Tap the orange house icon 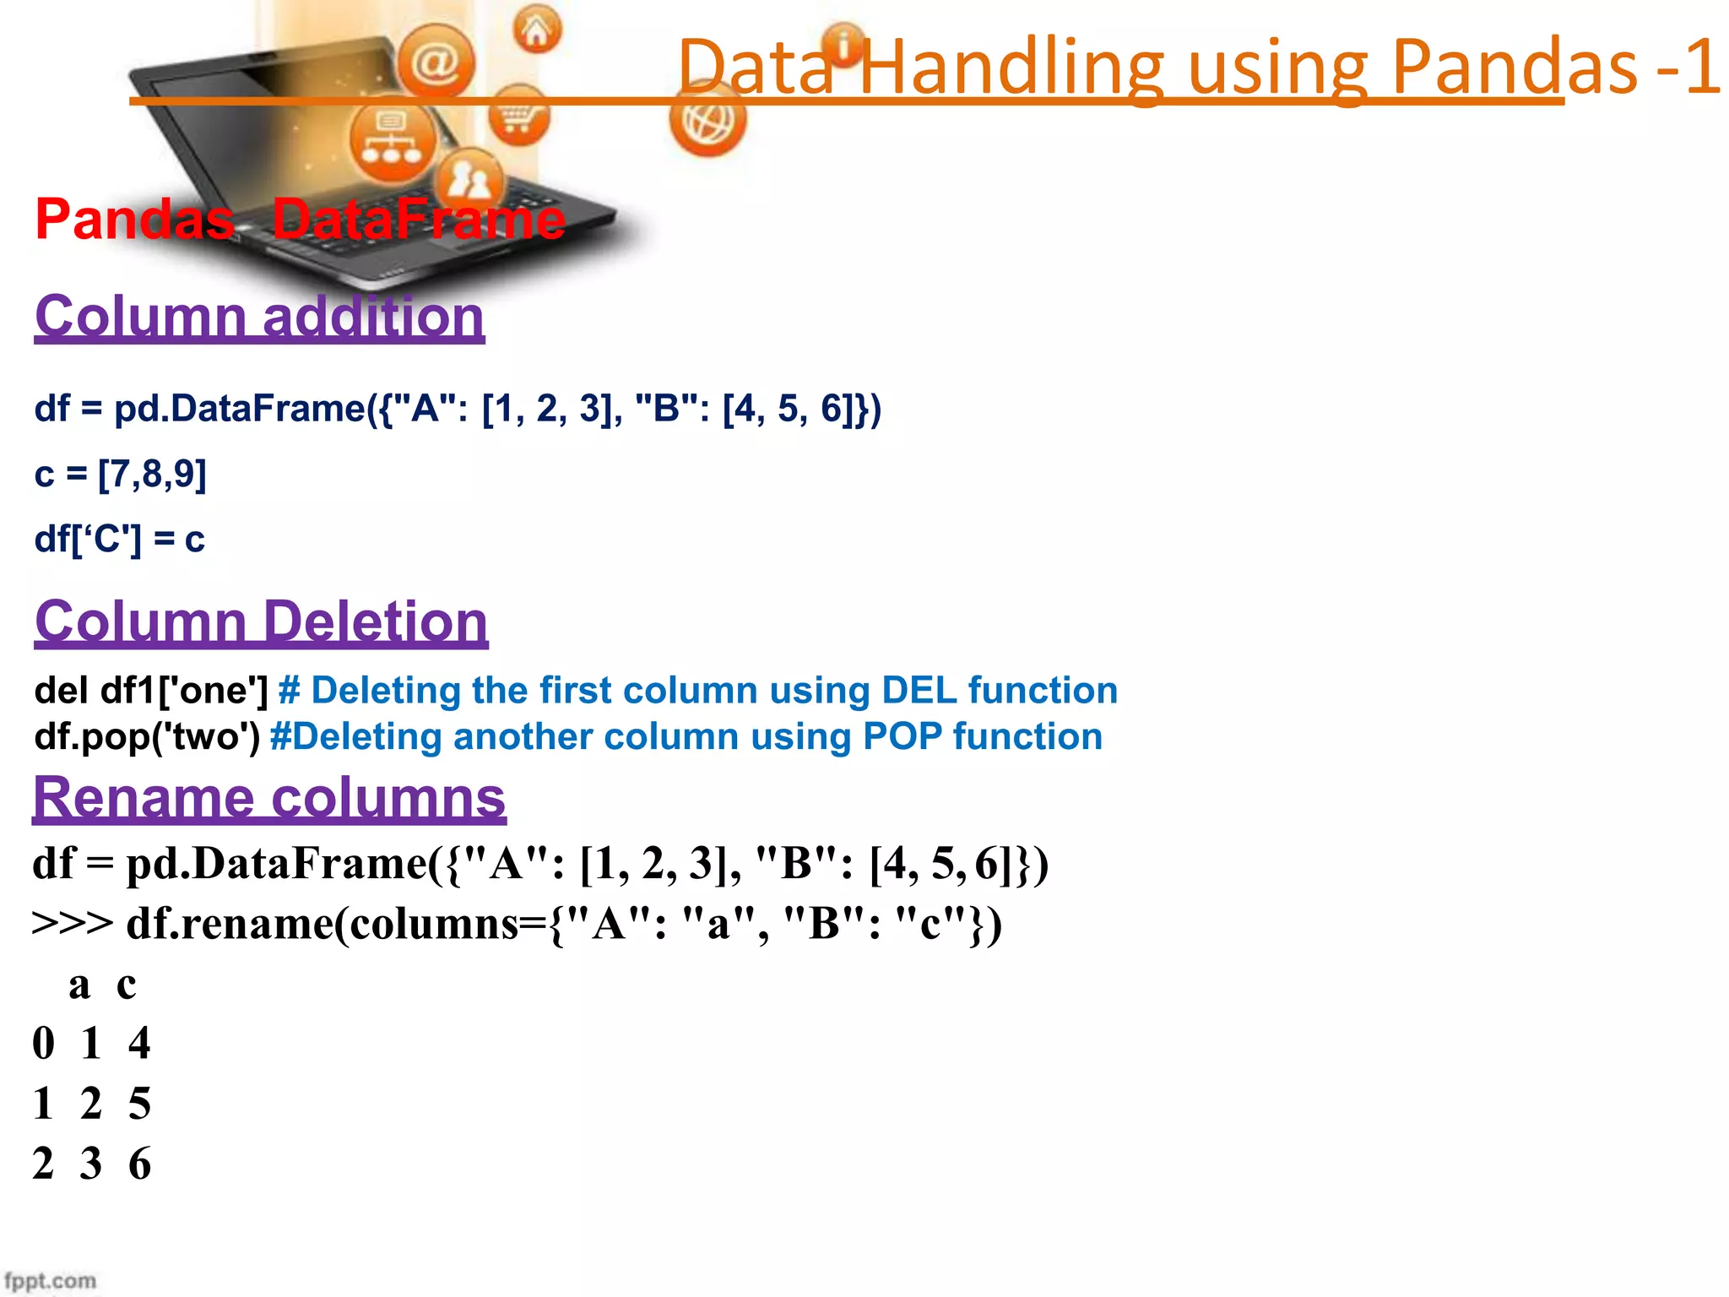536,30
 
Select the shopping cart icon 518,116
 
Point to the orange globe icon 707,122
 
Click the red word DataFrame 418,219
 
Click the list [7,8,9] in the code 152,474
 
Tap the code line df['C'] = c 119,539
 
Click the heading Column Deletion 261,621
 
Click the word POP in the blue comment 902,736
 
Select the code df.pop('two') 147,736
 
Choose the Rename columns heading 268,797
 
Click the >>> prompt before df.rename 72,923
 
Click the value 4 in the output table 139,1043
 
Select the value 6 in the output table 139,1164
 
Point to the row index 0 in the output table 44,1043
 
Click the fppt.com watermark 50,1280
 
